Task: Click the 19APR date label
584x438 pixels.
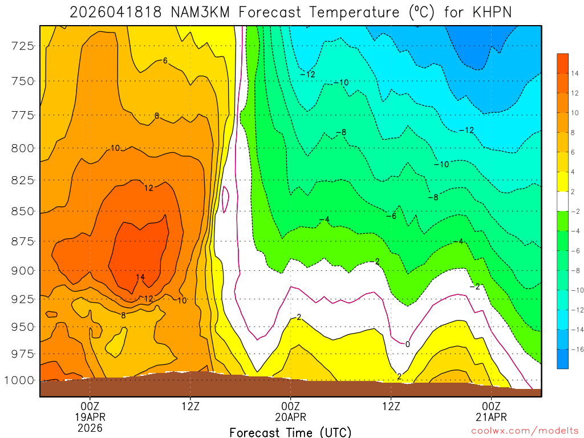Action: [90, 416]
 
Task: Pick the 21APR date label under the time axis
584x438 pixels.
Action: [491, 416]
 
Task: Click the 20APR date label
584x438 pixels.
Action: [290, 416]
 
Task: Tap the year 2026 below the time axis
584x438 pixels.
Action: [90, 427]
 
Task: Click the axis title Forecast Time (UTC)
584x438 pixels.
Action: [290, 432]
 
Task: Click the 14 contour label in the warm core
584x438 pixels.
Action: [140, 278]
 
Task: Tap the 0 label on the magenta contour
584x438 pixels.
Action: [407, 344]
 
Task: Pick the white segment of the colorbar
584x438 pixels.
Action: [563, 201]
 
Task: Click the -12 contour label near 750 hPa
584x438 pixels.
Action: [308, 75]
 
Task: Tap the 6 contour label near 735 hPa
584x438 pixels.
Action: [165, 60]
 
